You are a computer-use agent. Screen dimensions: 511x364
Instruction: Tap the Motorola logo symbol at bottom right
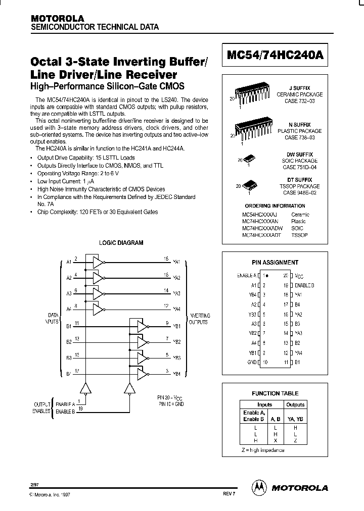pyautogui.click(x=258, y=487)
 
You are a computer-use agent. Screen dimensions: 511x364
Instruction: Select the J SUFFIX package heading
pyautogui.click(x=303, y=88)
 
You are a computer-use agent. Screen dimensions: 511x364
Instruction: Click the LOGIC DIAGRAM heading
pyautogui.click(x=121, y=243)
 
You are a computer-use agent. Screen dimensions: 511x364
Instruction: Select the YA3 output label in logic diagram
pyautogui.click(x=176, y=293)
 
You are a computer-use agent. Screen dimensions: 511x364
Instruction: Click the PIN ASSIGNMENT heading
pyautogui.click(x=275, y=263)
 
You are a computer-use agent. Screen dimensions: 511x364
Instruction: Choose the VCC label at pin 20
pyautogui.click(x=299, y=276)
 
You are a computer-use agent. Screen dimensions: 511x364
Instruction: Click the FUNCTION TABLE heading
pyautogui.click(x=275, y=393)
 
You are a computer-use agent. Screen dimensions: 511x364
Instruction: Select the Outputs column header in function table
pyautogui.click(x=295, y=404)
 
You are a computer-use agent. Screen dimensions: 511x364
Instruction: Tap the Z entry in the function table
pyautogui.click(x=295, y=441)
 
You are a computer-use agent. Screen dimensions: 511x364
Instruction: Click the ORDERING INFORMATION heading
pyautogui.click(x=275, y=206)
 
